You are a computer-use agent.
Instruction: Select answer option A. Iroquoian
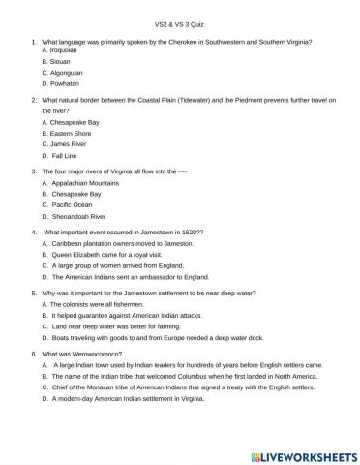[x=64, y=51]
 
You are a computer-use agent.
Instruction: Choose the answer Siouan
[x=59, y=62]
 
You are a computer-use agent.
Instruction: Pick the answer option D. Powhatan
[x=62, y=84]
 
